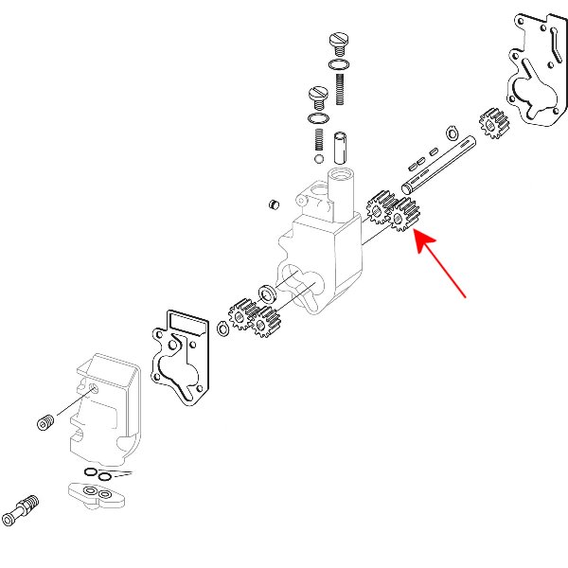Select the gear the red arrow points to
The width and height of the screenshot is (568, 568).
405,217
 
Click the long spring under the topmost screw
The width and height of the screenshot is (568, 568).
339,87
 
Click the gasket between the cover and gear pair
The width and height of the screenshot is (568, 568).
180,352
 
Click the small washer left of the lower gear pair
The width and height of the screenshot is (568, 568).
223,328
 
